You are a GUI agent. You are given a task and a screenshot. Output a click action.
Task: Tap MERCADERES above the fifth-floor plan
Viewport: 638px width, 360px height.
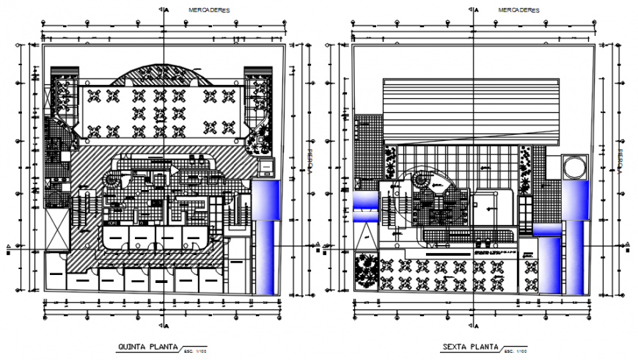[209, 10]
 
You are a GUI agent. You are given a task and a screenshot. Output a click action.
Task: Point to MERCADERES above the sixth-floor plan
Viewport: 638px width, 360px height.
[518, 10]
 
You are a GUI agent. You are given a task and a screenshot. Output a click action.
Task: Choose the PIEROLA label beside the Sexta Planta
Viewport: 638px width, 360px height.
[620, 161]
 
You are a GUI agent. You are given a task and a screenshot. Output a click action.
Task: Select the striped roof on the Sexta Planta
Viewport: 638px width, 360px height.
[473, 110]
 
